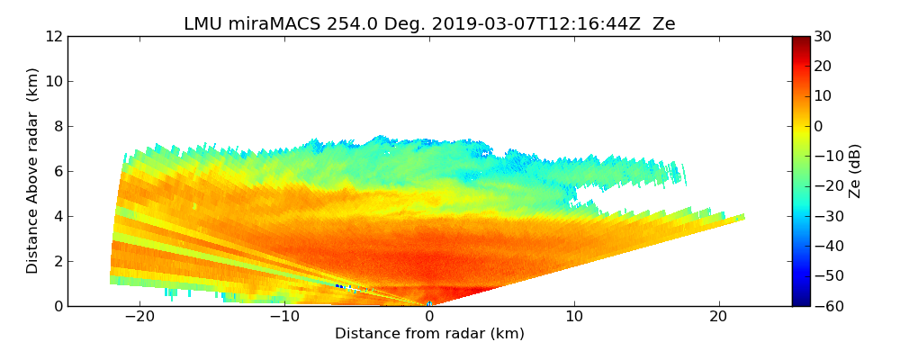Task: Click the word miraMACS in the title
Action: click(x=263, y=24)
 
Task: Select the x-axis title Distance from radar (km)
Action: click(x=429, y=334)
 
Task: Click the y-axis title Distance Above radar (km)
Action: click(x=33, y=170)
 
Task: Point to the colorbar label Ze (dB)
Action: click(x=854, y=171)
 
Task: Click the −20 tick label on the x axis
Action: click(x=139, y=317)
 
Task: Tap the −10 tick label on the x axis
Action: click(x=284, y=317)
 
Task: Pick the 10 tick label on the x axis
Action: click(x=574, y=317)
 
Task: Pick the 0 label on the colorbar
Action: click(x=820, y=126)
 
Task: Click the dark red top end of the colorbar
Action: click(x=801, y=40)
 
